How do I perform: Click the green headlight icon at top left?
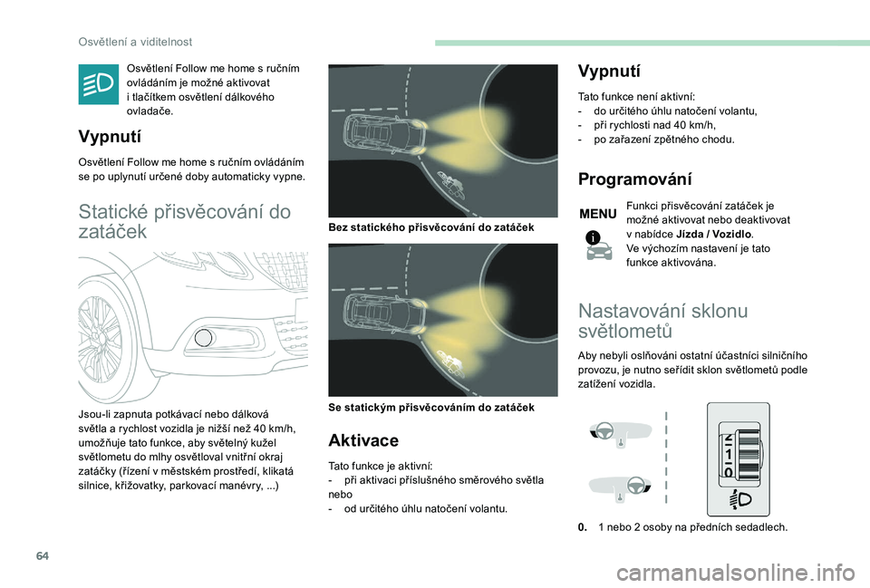98,85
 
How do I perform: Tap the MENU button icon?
597,215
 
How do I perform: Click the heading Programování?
634,179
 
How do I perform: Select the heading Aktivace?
362,440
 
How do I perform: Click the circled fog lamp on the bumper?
204,340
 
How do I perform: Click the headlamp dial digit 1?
730,455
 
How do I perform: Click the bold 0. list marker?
584,527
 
